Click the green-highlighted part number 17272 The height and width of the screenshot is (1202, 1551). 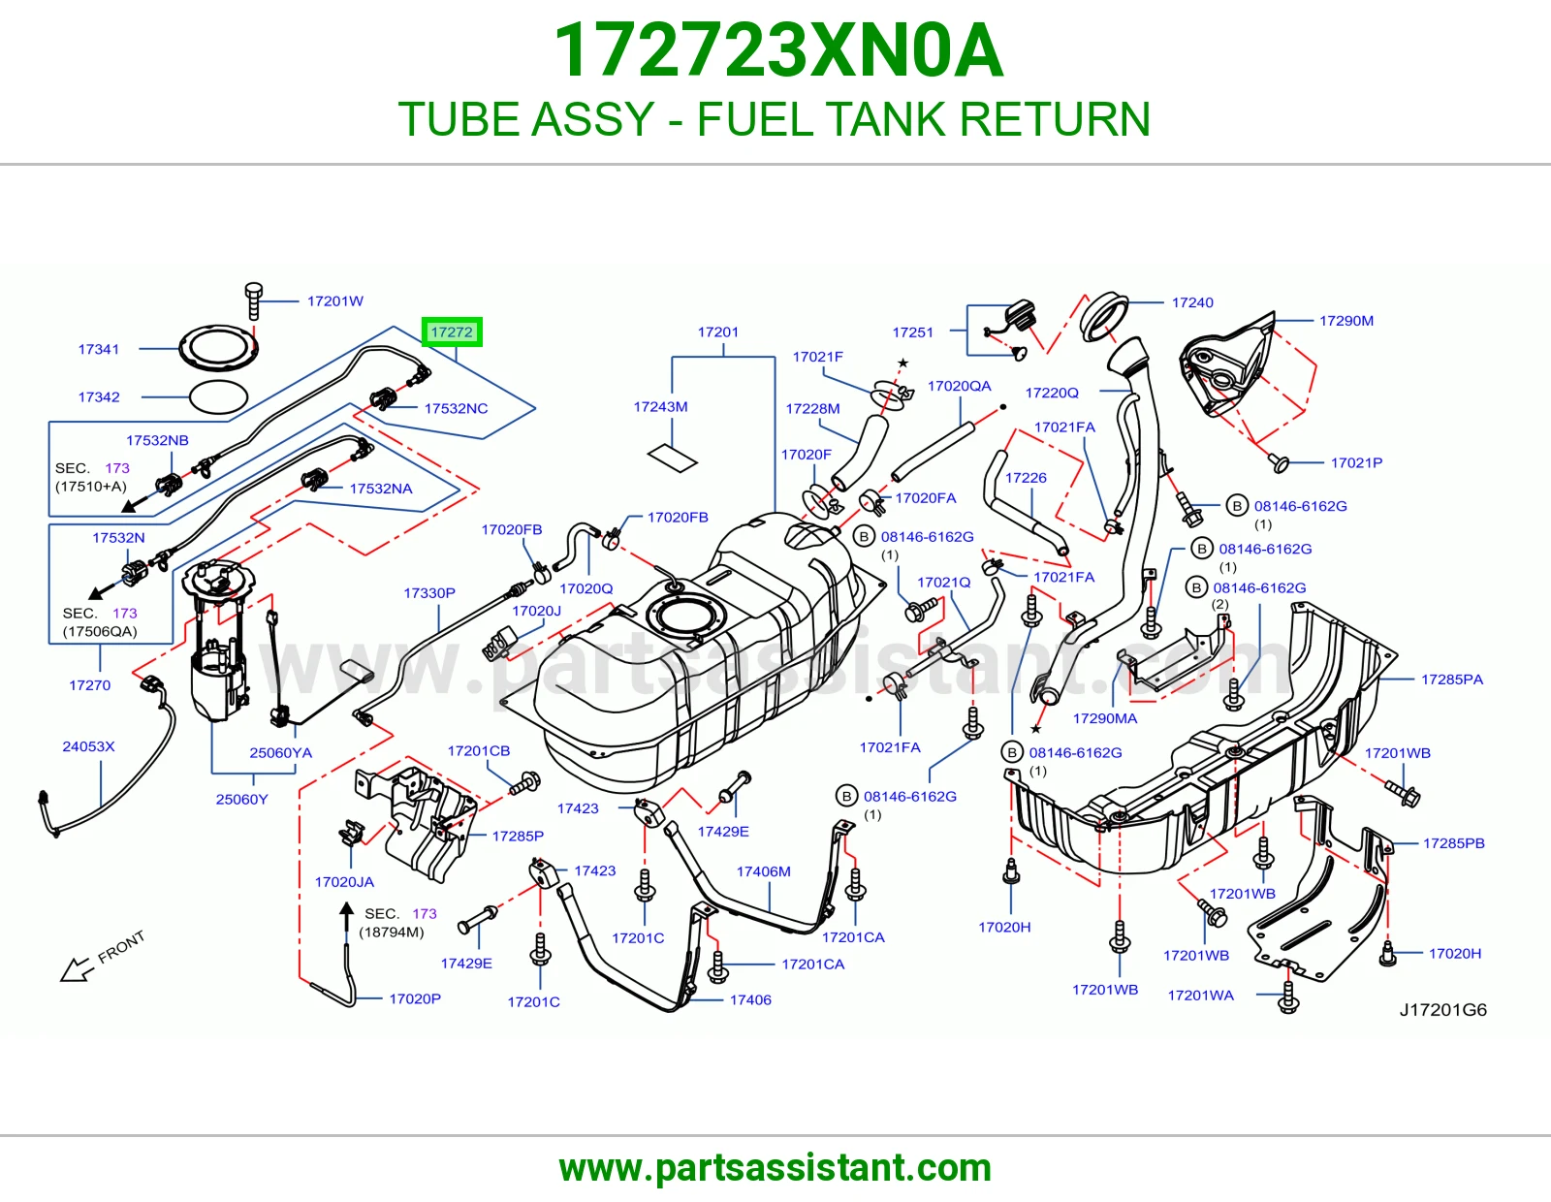pos(452,332)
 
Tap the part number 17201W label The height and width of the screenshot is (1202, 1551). pos(334,301)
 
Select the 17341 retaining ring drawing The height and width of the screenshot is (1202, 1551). pos(218,348)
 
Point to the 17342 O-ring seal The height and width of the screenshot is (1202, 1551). pos(218,396)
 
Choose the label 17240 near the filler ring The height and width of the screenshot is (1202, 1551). pos(1192,302)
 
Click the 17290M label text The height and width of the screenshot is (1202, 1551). pos(1346,321)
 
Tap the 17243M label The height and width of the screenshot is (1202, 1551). pos(660,407)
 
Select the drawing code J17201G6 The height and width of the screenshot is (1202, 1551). pos(1442,1010)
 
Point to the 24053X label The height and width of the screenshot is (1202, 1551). pos(88,746)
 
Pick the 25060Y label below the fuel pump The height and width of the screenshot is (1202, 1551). pos(242,800)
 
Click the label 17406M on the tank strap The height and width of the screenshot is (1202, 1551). pos(763,871)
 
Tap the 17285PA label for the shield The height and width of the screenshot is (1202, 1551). pos(1452,680)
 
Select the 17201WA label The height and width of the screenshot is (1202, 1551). pos(1200,996)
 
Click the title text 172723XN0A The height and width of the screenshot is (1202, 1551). pos(778,50)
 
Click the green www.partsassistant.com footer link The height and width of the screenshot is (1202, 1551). pos(775,1168)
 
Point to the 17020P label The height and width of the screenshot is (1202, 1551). pos(415,999)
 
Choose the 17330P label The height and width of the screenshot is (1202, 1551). pos(429,593)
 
